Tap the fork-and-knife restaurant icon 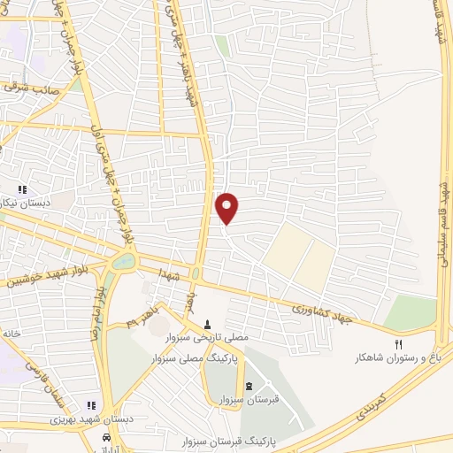click(398, 344)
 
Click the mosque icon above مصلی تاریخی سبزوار click(208, 323)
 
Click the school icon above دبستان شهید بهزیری click(91, 405)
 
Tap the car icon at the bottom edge click(106, 439)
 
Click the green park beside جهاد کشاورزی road click(412, 311)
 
